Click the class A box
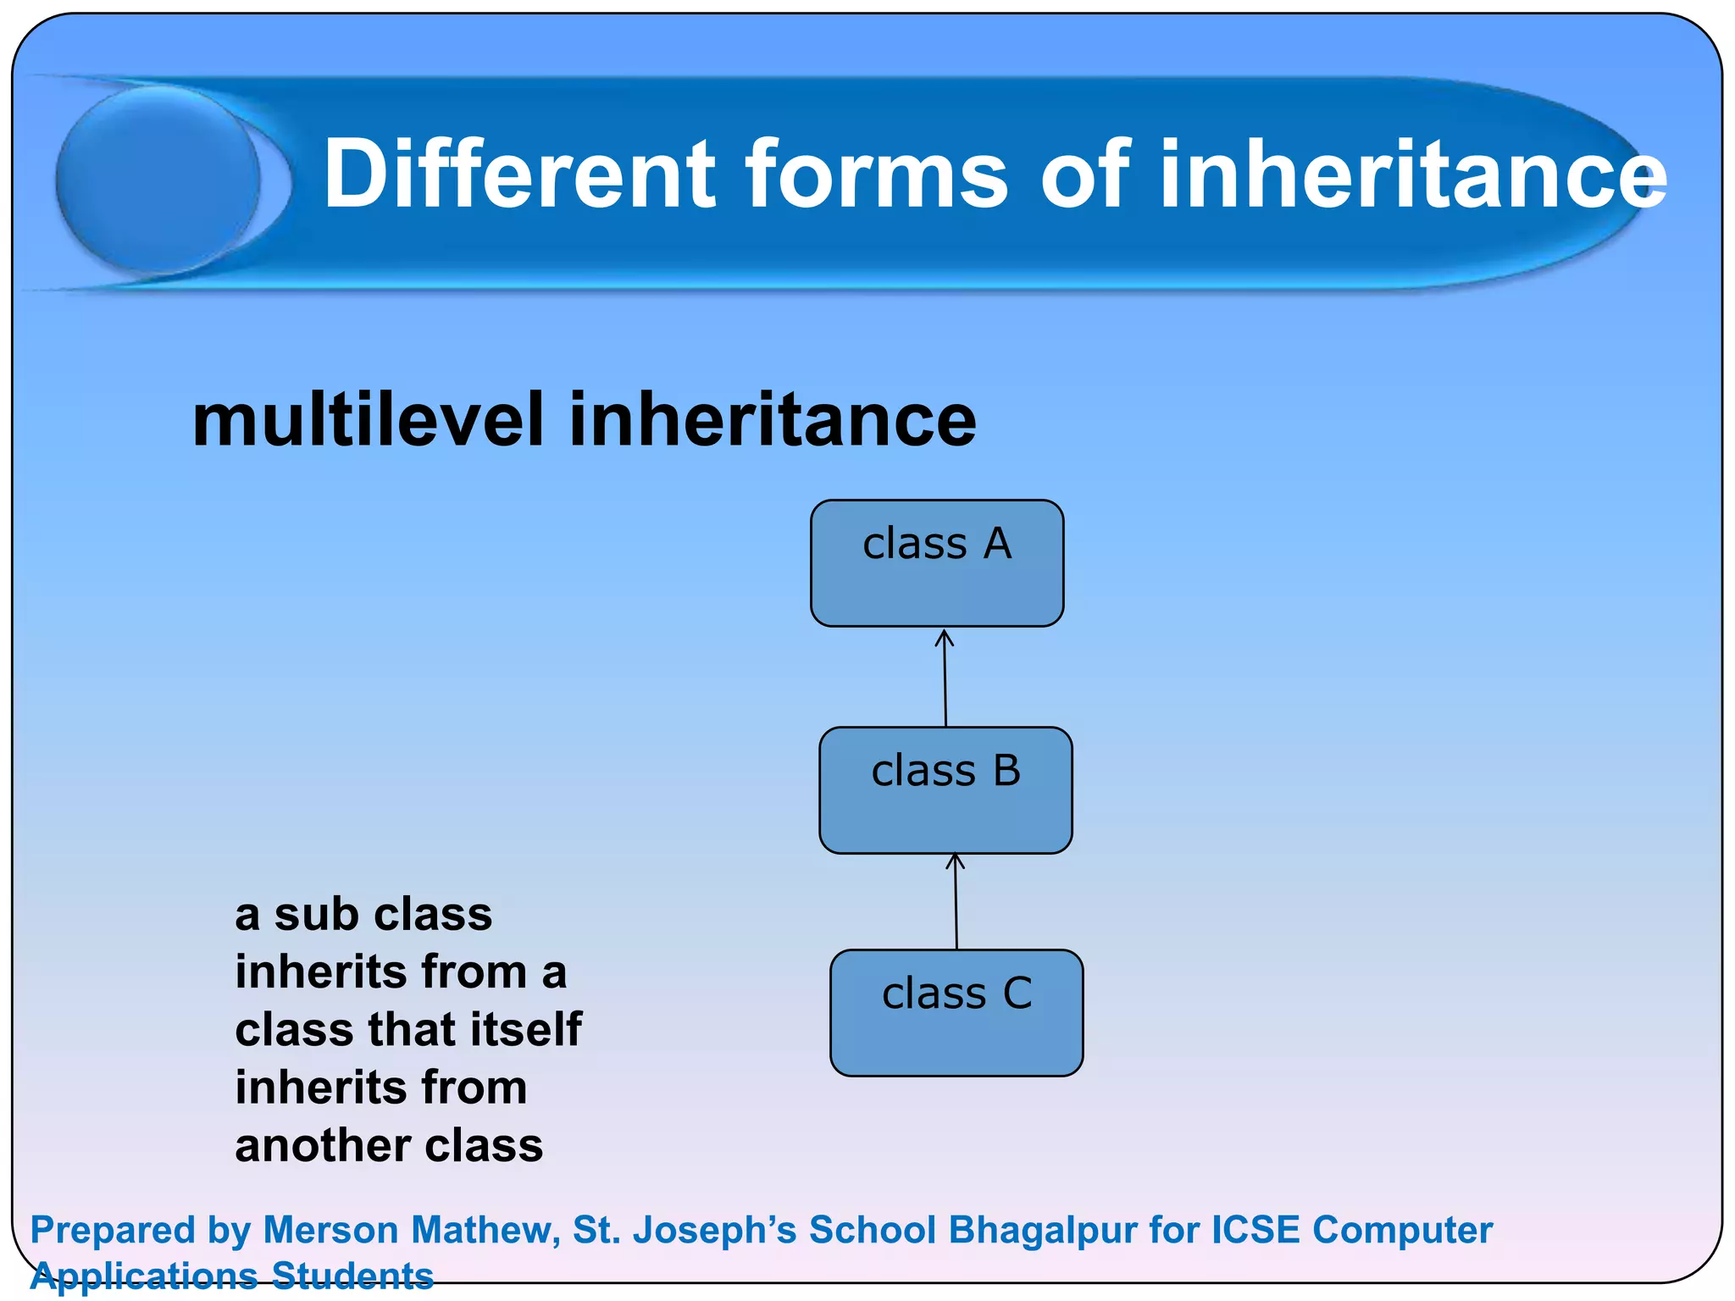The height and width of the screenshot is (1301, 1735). coord(936,564)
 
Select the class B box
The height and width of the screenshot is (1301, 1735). coord(945,791)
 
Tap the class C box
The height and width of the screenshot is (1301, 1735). coord(956,1014)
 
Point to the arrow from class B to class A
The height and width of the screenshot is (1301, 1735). coord(945,678)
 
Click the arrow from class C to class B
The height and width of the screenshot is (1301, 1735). coord(956,902)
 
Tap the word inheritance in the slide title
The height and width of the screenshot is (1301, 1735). coord(1412,174)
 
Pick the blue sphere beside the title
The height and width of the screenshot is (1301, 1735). coord(158,180)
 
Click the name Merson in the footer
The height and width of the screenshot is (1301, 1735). coord(330,1231)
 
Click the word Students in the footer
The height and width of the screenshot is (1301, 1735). coord(352,1276)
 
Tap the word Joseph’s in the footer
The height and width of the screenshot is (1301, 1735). coord(718,1231)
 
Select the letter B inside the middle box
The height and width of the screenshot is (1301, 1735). coord(1006,772)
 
